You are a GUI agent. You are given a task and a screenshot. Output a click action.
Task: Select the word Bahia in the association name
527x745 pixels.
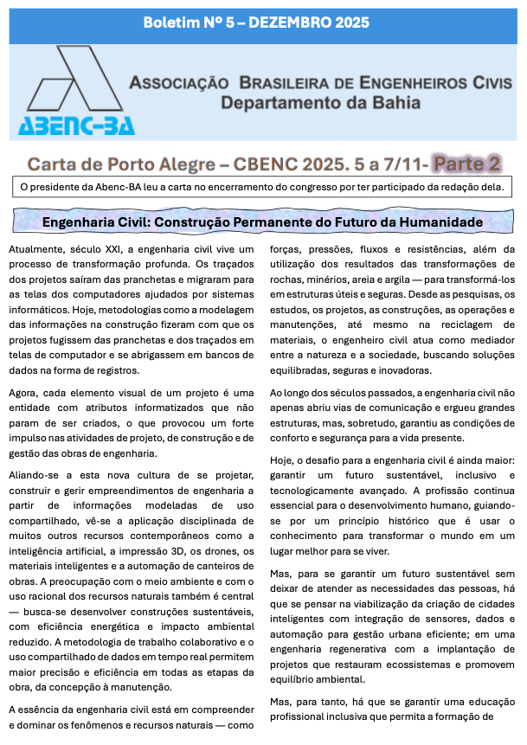point(396,102)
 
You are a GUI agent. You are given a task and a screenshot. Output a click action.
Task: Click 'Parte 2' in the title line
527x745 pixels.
point(467,163)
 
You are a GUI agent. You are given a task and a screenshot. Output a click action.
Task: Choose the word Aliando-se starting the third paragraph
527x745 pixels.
point(35,474)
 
